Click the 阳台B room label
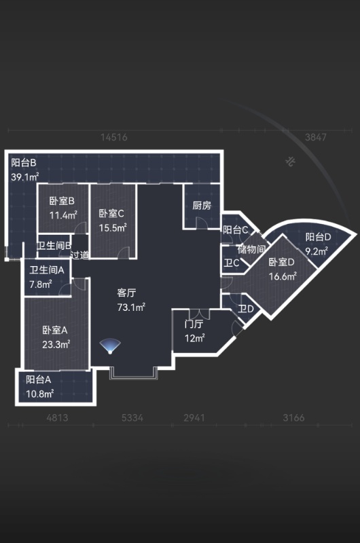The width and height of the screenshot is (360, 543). [x=24, y=162]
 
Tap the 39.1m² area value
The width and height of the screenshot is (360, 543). [x=24, y=177]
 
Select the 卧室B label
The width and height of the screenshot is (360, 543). [x=62, y=201]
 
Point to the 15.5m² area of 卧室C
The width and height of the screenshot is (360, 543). [x=113, y=228]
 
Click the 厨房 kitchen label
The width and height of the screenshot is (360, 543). [x=202, y=206]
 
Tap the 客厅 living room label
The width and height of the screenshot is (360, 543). [x=126, y=293]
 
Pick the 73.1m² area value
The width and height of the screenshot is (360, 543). [x=131, y=307]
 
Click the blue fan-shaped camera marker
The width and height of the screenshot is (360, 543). [x=110, y=347]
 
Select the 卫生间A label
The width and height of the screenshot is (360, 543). [x=47, y=269]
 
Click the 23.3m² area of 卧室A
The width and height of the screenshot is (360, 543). [x=56, y=345]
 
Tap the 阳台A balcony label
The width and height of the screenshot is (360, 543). [x=39, y=379]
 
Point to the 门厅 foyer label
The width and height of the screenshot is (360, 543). [x=194, y=324]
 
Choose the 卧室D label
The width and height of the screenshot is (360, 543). [x=282, y=262]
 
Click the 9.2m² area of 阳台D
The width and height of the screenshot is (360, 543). [x=317, y=251]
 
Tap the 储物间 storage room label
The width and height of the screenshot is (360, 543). [x=251, y=249]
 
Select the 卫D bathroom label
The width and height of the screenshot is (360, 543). [x=246, y=309]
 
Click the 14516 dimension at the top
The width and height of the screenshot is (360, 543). [x=114, y=137]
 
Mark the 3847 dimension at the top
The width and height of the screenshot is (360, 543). [x=316, y=137]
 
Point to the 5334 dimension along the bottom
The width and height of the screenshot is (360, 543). [x=132, y=417]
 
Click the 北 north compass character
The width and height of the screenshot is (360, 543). [x=290, y=161]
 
